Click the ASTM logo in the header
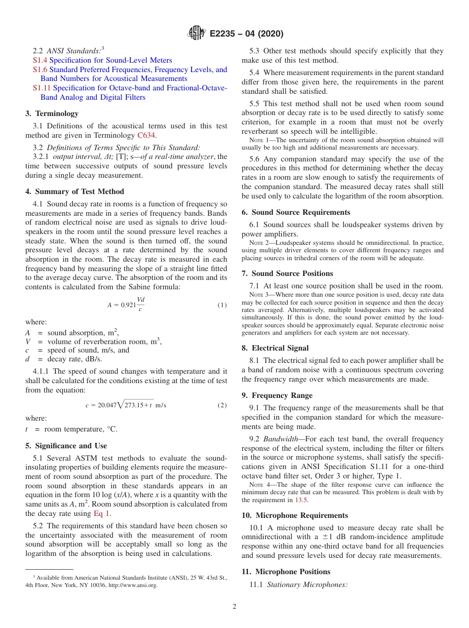tap(196, 34)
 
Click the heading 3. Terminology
tap(52, 114)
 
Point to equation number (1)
tap(222, 305)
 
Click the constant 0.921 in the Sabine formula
tap(128, 305)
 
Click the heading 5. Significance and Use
tap(66, 446)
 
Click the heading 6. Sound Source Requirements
tap(296, 212)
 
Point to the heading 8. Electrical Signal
tap(275, 348)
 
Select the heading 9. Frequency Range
tap(277, 395)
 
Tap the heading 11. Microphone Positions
tap(286, 572)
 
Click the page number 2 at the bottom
tap(234, 607)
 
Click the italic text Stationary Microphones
tap(308, 585)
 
